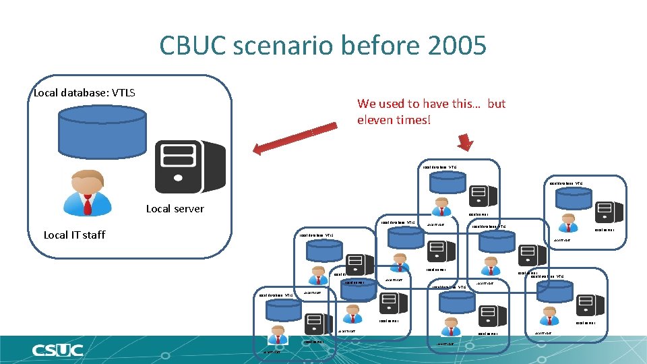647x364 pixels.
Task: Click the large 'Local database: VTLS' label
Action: point(84,92)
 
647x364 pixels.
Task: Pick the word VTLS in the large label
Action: point(121,92)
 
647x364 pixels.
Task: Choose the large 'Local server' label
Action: point(175,208)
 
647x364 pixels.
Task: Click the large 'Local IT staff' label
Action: point(74,235)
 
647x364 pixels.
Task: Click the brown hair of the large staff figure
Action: point(86,174)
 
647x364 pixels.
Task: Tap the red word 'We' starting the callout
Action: point(367,103)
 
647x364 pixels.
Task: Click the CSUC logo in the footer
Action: point(57,350)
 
